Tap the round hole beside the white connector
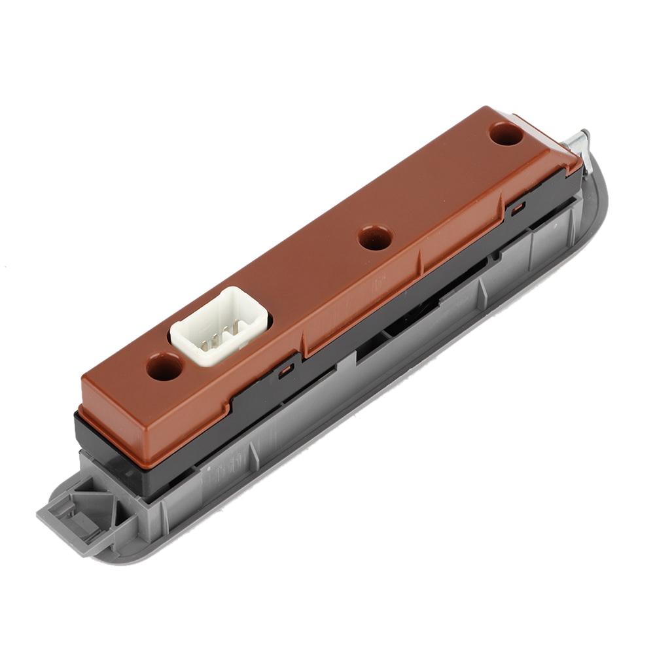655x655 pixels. (x=164, y=367)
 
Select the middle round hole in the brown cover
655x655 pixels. (x=375, y=238)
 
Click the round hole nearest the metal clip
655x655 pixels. (x=505, y=134)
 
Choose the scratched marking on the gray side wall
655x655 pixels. (x=216, y=474)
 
